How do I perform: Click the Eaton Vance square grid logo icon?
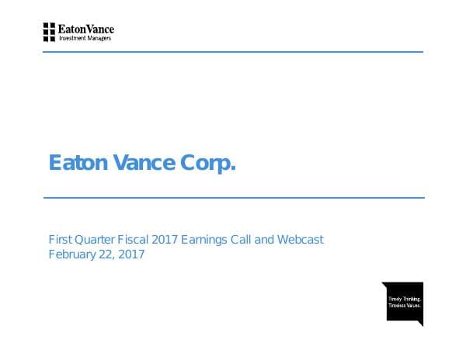[49, 32]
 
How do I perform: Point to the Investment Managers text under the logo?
[85, 38]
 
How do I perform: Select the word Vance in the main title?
[148, 163]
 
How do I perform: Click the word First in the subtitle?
[59, 240]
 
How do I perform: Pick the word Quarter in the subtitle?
[96, 240]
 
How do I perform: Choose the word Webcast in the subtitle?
[301, 240]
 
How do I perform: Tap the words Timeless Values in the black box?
[404, 305]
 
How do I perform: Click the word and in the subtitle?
[266, 240]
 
